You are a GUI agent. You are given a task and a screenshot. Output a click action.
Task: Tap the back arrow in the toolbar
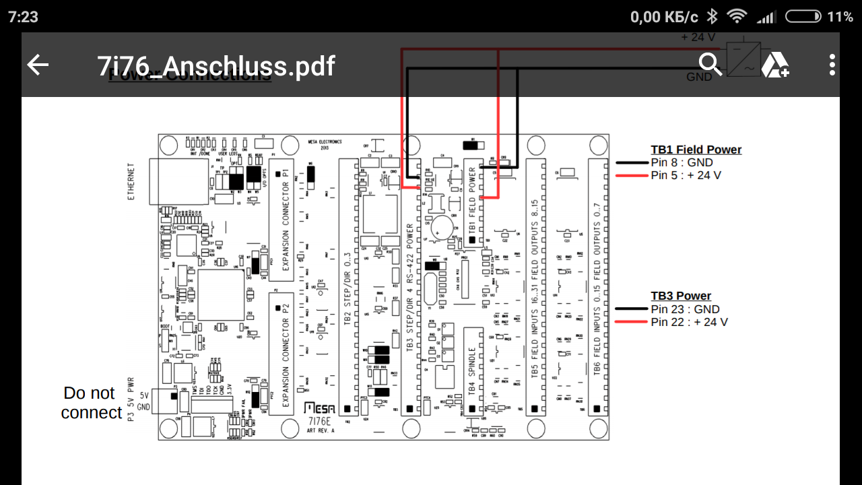tap(38, 65)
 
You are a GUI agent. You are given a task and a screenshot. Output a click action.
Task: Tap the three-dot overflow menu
tap(832, 65)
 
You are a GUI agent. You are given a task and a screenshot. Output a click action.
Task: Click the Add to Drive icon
tap(774, 65)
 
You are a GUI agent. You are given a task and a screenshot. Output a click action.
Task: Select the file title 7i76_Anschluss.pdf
tap(216, 66)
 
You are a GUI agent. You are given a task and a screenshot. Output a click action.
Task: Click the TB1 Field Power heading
tap(696, 150)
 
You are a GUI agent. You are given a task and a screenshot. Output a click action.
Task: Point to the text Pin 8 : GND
tap(682, 162)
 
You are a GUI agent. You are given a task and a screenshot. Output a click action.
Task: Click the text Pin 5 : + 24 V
tap(686, 175)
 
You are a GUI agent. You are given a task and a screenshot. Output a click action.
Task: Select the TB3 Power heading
tap(681, 296)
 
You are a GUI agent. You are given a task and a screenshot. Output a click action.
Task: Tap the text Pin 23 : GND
tap(685, 309)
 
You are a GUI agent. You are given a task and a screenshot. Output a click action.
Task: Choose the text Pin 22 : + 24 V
tap(689, 322)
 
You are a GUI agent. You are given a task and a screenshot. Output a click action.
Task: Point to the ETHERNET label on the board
tap(132, 181)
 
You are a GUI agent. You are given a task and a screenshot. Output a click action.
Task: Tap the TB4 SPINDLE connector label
tap(473, 370)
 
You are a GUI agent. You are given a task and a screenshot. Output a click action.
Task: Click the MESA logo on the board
tap(320, 408)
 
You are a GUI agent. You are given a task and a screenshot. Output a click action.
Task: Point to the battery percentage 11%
tap(840, 17)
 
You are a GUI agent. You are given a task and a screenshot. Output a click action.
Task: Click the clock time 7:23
tap(24, 17)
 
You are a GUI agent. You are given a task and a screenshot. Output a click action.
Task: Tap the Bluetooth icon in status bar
tap(712, 17)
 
